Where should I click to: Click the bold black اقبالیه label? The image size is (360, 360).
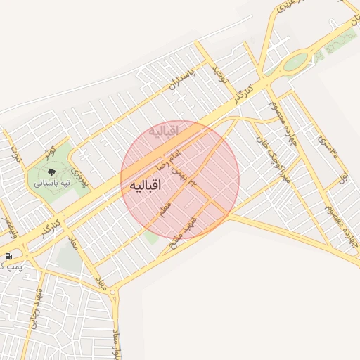[146, 186]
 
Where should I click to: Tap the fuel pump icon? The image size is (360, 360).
[8, 255]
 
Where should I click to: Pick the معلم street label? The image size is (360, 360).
[166, 210]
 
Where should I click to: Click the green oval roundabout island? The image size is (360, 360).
[296, 61]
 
